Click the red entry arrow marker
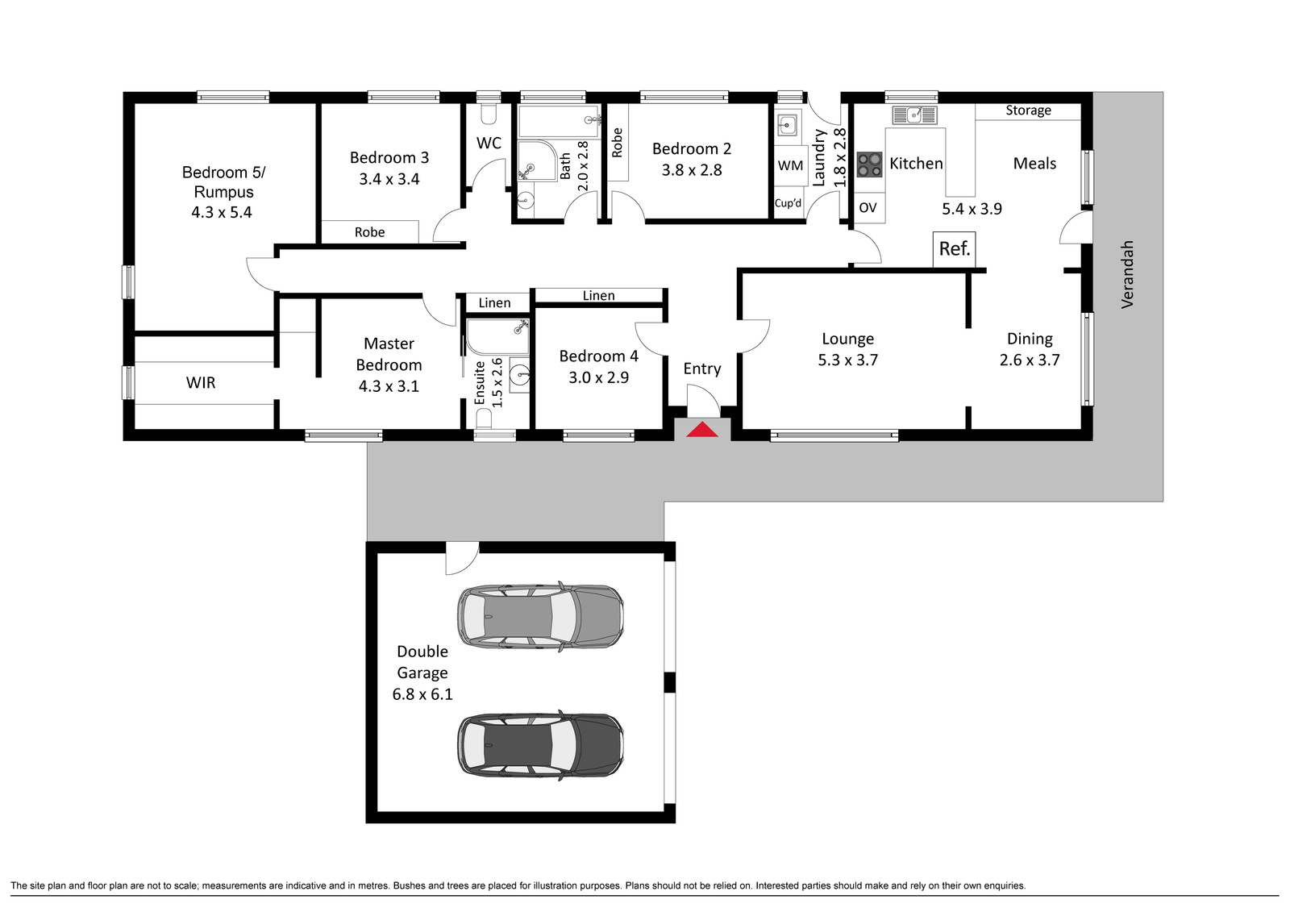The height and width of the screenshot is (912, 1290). (702, 429)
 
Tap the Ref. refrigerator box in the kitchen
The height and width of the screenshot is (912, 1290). (955, 249)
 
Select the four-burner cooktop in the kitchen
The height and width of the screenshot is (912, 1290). (869, 164)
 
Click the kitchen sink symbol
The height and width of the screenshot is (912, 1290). (914, 115)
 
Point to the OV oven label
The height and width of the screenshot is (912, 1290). (868, 207)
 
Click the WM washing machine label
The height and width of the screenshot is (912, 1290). (790, 166)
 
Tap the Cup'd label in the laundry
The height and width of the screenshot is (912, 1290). (788, 202)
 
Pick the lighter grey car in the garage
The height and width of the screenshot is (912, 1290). (540, 616)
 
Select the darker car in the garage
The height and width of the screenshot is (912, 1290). (540, 745)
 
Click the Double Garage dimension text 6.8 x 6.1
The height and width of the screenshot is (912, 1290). (422, 694)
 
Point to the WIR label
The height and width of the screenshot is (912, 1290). (201, 382)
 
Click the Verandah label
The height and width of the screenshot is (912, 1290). (1127, 274)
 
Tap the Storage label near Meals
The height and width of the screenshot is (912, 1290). (1028, 110)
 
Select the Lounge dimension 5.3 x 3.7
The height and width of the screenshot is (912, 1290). (847, 360)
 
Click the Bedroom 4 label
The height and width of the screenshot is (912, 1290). (598, 356)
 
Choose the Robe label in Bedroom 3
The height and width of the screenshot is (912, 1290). (369, 232)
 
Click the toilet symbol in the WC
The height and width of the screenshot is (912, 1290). (489, 114)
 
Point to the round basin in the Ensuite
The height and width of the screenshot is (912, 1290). (521, 374)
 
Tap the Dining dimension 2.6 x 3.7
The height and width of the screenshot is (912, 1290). (1029, 360)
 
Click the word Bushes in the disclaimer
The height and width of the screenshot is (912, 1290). (410, 885)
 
